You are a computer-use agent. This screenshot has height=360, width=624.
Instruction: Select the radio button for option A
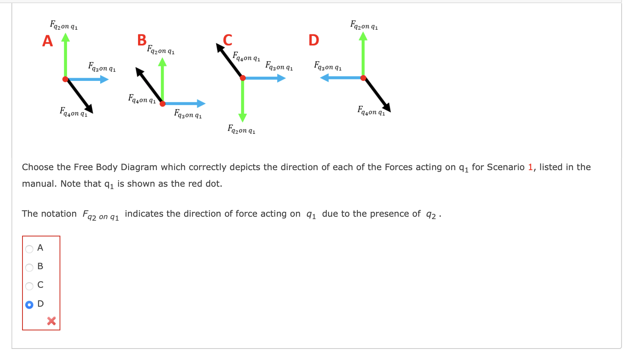(29, 249)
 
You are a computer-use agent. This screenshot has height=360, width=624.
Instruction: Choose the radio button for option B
(29, 268)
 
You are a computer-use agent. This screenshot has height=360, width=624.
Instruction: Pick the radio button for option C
(29, 286)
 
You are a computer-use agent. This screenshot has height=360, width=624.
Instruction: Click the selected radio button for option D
(29, 305)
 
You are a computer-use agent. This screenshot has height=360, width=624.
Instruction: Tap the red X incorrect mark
(51, 321)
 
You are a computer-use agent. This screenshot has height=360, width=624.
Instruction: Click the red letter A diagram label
(47, 41)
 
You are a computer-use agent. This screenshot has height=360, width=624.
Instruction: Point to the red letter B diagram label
(142, 40)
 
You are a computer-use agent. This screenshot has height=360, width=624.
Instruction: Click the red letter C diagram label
(228, 40)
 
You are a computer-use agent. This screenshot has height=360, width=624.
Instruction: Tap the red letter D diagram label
(314, 40)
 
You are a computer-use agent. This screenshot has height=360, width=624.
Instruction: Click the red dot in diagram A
(65, 79)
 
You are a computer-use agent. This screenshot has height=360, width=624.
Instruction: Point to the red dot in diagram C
(243, 78)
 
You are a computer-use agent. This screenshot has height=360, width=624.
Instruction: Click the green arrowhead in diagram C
(243, 117)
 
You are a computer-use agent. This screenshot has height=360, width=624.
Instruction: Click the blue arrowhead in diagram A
(104, 79)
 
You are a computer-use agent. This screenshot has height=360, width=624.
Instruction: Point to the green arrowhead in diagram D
(363, 37)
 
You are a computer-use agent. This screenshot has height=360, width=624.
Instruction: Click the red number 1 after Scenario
(530, 167)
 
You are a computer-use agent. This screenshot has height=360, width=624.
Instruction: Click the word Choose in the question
(38, 167)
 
